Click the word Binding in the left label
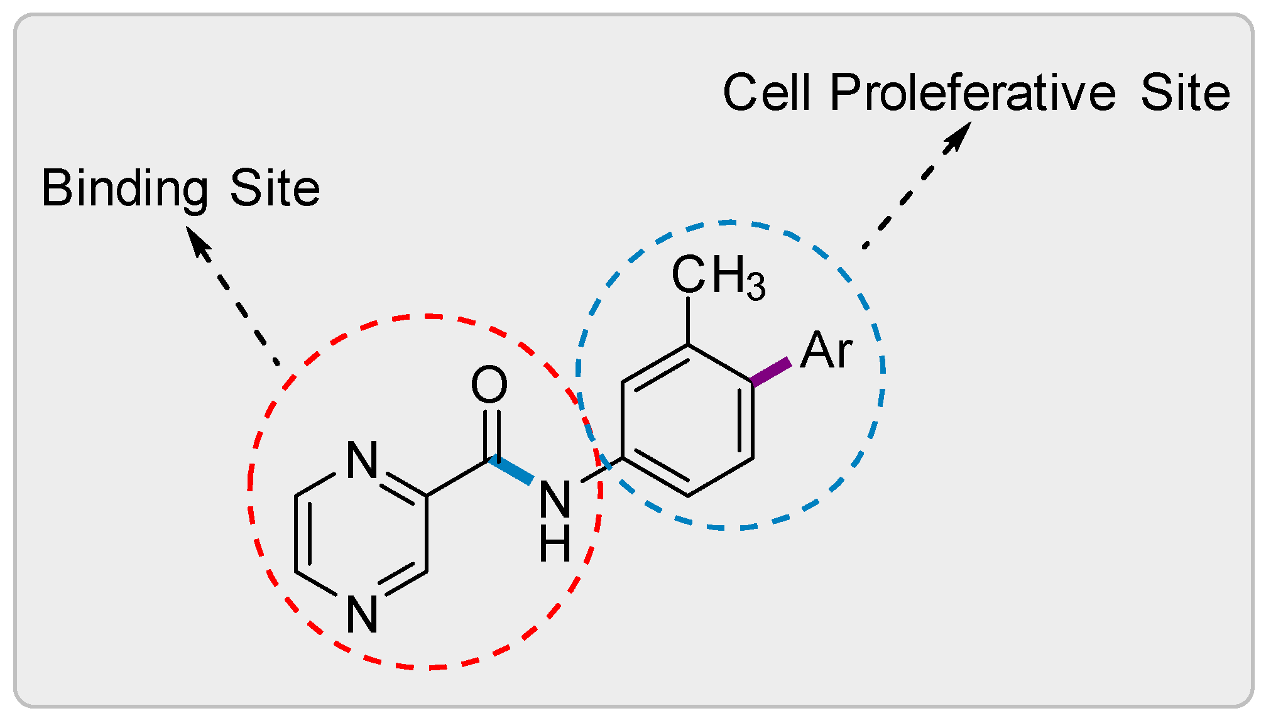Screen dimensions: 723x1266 (124, 188)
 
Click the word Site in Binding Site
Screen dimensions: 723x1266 (275, 188)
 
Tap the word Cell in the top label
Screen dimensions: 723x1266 (766, 93)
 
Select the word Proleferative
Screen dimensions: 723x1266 (972, 93)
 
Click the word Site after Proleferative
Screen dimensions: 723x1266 (1185, 93)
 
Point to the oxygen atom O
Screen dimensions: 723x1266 (489, 384)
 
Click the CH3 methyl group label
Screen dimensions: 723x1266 (718, 276)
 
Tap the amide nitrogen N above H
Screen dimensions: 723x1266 (555, 500)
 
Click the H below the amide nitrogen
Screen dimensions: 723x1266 (555, 543)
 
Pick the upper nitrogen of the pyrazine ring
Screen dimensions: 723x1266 (362, 460)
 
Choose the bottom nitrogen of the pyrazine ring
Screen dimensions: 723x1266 (362, 614)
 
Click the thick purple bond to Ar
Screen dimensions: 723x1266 (771, 372)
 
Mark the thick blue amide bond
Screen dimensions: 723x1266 (511, 470)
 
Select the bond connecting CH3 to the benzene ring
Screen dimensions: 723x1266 (689, 320)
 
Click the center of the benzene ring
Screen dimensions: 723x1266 (688, 420)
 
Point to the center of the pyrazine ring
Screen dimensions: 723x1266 (361, 534)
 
